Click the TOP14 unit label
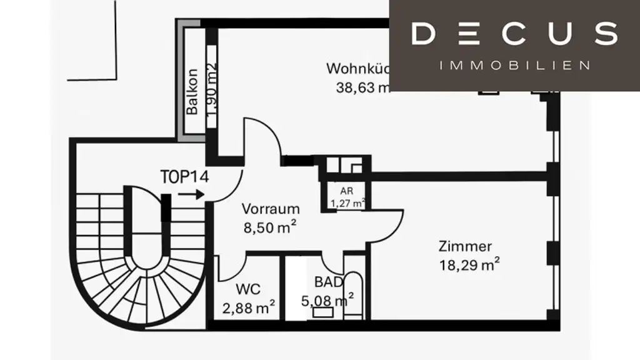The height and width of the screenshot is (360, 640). (184, 176)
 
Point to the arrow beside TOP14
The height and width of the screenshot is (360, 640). (191, 194)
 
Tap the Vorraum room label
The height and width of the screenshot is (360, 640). (271, 209)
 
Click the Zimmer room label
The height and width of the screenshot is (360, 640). (464, 246)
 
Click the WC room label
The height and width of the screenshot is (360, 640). (248, 289)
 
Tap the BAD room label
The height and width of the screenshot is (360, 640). (328, 282)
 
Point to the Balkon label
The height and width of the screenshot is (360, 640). (192, 91)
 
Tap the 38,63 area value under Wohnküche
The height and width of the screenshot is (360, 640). (362, 87)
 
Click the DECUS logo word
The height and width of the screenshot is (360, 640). (514, 34)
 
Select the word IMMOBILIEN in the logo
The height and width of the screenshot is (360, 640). (515, 65)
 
